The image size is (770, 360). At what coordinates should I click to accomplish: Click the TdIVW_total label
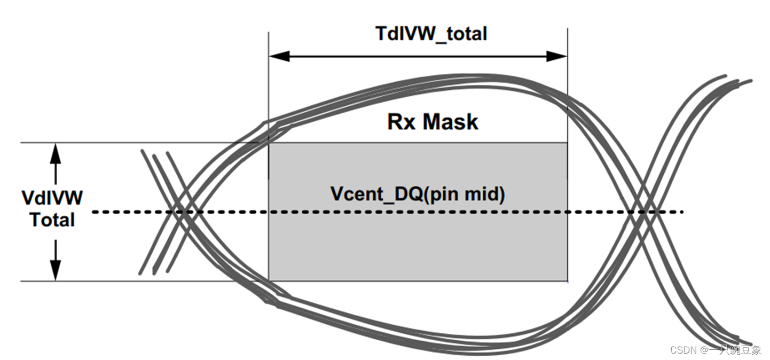tap(431, 34)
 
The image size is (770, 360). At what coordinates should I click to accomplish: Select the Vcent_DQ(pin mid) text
tap(418, 194)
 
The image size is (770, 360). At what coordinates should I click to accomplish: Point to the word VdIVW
tap(52, 198)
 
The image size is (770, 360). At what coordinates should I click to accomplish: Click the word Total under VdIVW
tap(52, 220)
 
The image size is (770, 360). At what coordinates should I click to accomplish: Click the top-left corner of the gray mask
tap(269, 143)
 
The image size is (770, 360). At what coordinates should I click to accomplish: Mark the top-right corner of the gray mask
tap(567, 143)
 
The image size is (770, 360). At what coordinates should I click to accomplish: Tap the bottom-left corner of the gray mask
tap(269, 280)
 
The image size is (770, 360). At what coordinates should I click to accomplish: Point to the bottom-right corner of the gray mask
tap(567, 280)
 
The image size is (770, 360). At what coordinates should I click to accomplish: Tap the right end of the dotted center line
tap(682, 213)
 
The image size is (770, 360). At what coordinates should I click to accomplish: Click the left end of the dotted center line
tap(94, 213)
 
